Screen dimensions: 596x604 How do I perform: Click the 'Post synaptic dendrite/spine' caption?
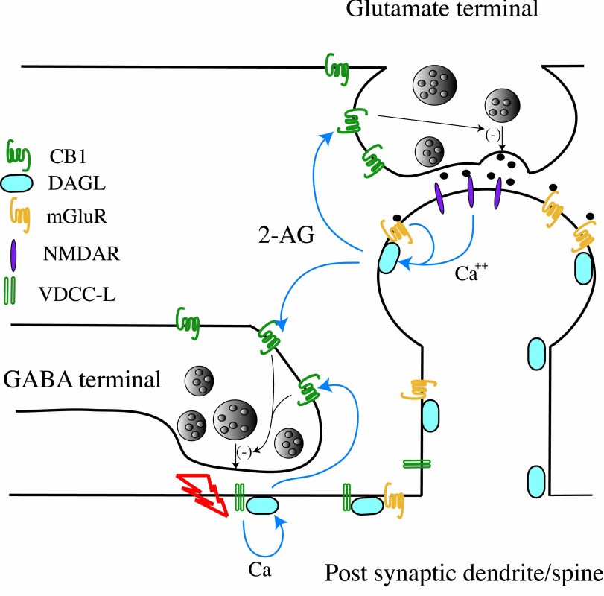pyautogui.click(x=462, y=575)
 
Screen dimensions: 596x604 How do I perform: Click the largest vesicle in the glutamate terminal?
pyautogui.click(x=435, y=80)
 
